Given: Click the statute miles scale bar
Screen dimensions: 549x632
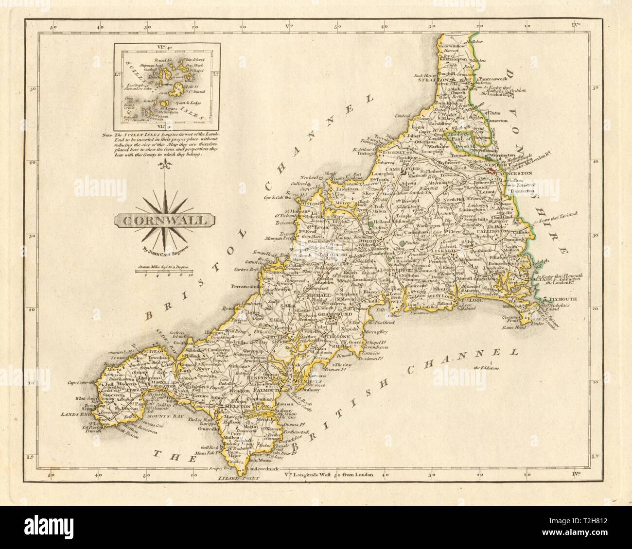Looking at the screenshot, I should [x=166, y=273].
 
